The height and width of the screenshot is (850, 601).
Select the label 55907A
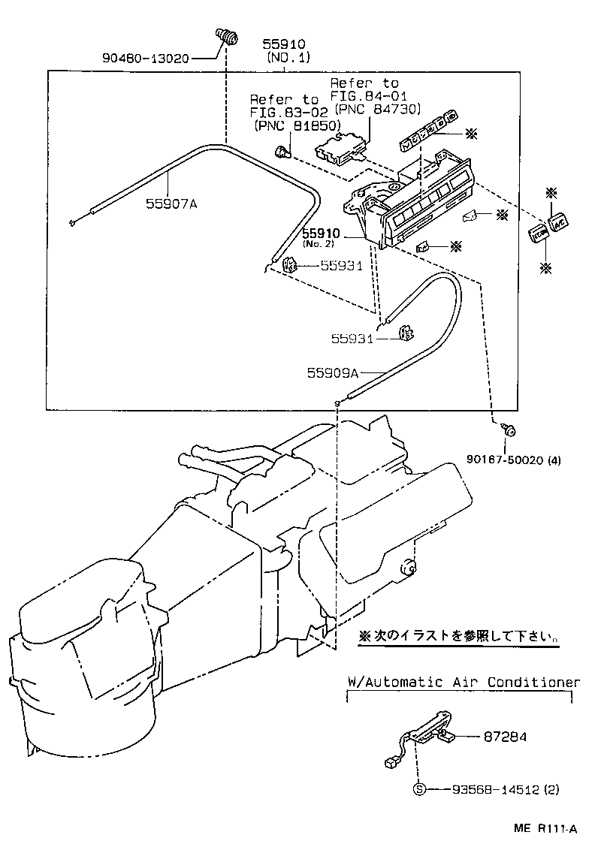point(171,203)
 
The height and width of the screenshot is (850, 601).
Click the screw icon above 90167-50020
point(508,430)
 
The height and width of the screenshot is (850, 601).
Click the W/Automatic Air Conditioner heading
point(464,683)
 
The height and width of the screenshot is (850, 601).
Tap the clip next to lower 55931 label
point(406,332)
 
